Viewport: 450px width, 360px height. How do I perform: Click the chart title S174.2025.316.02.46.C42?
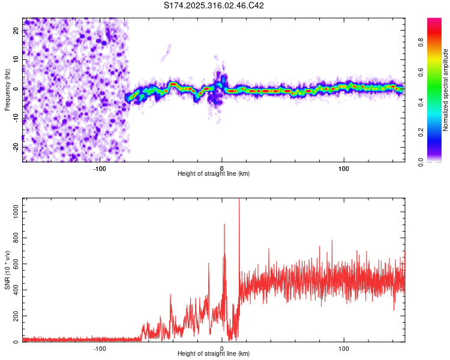click(214, 5)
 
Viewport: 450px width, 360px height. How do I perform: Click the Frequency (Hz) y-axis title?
click(7, 88)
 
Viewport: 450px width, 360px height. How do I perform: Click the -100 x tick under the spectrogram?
click(100, 167)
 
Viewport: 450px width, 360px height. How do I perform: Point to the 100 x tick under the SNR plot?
click(344, 348)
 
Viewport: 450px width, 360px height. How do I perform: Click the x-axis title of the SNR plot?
click(214, 354)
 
